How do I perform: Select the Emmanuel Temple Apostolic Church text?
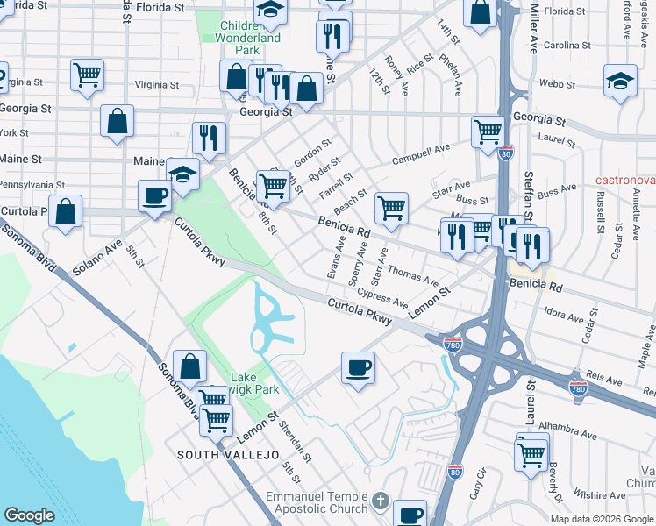click(x=318, y=502)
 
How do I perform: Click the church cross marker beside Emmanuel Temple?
click(x=380, y=501)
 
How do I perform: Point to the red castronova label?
click(x=624, y=180)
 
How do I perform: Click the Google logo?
click(x=29, y=515)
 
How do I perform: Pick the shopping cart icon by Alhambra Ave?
click(x=531, y=452)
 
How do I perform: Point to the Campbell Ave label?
click(x=420, y=153)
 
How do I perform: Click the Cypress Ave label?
click(x=381, y=299)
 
